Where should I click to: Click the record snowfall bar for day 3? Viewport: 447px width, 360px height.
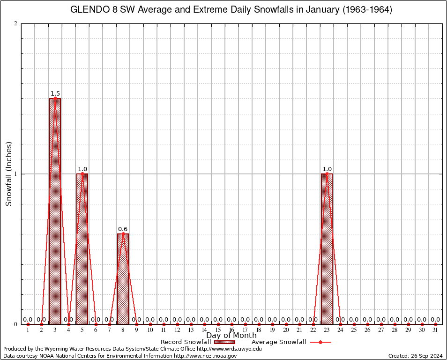(55, 211)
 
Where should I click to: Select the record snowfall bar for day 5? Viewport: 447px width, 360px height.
(82, 248)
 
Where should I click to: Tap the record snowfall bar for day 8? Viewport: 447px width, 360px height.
(123, 279)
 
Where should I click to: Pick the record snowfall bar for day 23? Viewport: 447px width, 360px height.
(327, 248)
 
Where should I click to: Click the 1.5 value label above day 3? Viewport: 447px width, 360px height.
(55, 94)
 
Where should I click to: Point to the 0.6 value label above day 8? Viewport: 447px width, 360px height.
(123, 229)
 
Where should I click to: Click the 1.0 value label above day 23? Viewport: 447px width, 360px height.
(327, 169)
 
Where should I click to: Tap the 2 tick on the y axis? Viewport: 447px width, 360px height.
(16, 24)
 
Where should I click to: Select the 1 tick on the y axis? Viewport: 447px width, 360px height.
(16, 174)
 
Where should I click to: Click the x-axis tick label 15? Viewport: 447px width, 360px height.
(218, 330)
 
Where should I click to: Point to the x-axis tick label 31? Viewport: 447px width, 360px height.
(435, 330)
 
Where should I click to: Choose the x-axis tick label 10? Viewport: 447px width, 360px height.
(150, 330)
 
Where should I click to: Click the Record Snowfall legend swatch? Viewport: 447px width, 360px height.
(223, 342)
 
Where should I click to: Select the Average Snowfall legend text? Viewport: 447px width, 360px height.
(279, 342)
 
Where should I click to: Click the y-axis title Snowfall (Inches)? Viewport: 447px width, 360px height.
(9, 174)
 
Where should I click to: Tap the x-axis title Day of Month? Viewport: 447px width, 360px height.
(231, 336)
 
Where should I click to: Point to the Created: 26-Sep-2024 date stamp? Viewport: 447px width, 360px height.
(416, 356)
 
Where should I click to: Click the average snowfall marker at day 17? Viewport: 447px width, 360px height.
(245, 324)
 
